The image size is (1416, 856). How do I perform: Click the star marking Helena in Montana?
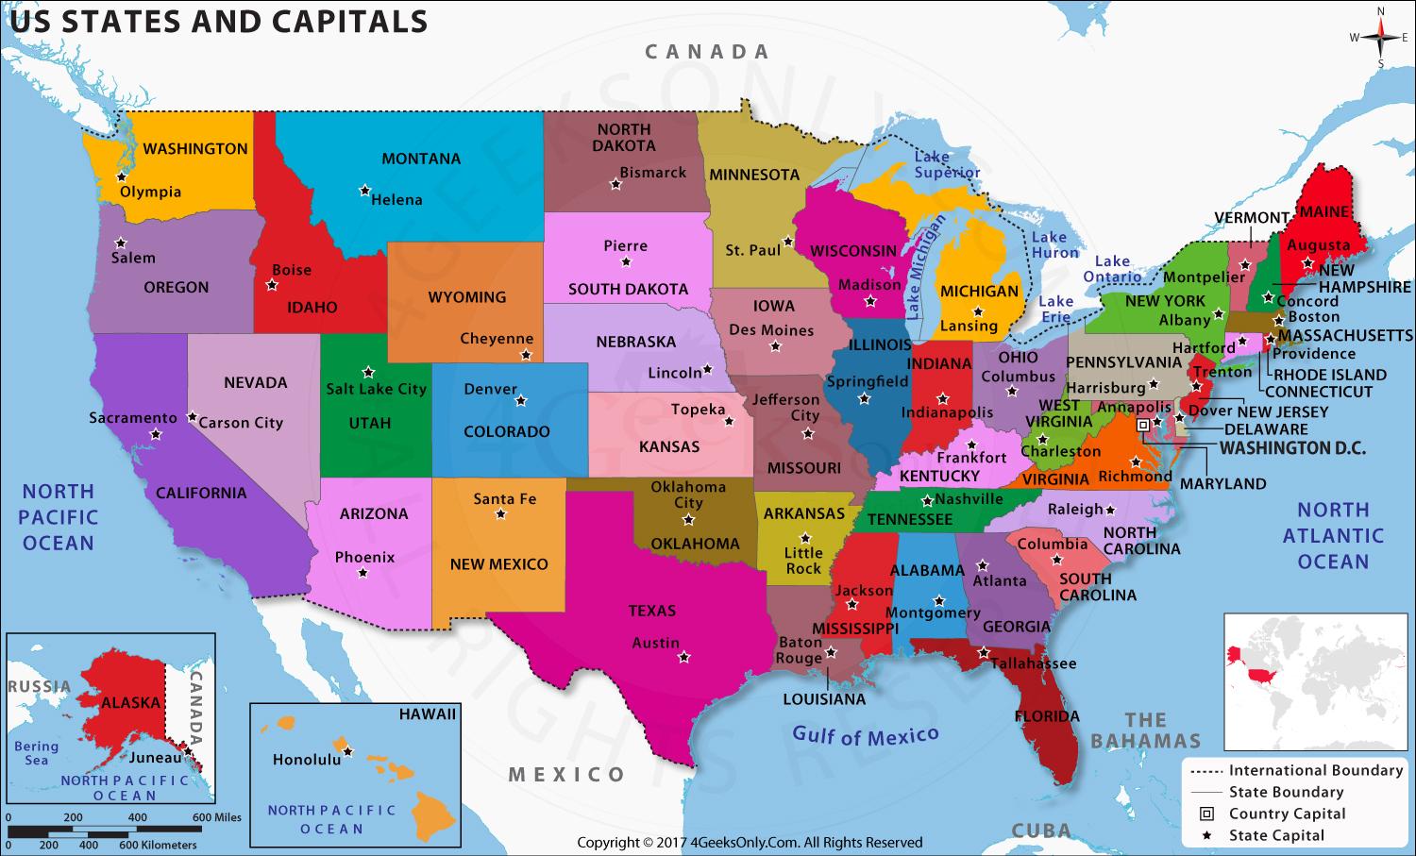tap(364, 191)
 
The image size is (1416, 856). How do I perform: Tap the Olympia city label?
tap(150, 192)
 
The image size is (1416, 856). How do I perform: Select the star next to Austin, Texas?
tap(684, 657)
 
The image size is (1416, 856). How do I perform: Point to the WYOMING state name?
tap(466, 296)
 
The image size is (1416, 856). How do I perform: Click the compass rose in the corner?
tap(1380, 38)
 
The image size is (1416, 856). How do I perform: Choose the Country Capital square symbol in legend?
tap(1206, 814)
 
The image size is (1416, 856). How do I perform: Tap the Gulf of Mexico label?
tap(865, 735)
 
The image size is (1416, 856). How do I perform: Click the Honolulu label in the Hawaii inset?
tap(306, 759)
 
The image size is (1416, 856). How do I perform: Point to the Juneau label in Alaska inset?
tap(156, 757)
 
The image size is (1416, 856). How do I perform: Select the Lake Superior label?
tap(946, 165)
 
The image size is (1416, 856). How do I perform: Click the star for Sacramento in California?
tap(156, 435)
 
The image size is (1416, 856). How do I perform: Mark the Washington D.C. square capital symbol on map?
tap(1143, 426)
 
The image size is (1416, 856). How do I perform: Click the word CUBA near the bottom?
tap(1041, 831)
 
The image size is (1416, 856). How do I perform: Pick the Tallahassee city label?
tap(1033, 663)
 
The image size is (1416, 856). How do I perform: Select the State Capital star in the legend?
tap(1206, 835)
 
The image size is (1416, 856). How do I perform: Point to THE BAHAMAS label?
tap(1145, 730)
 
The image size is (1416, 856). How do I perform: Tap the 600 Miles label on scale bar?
tap(217, 817)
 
